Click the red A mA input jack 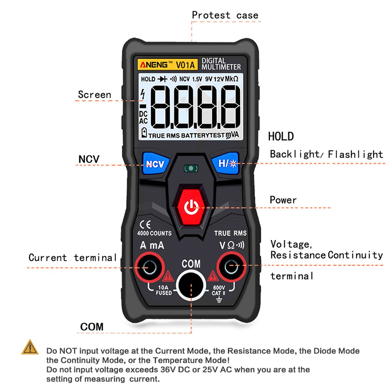pyautogui.click(x=149, y=267)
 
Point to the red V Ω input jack pyautogui.click(x=232, y=267)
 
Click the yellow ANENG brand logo pyautogui.click(x=155, y=64)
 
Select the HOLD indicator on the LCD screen pyautogui.click(x=148, y=79)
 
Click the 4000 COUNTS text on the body pyautogui.click(x=154, y=233)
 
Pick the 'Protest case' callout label pyautogui.click(x=225, y=16)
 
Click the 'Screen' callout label pyautogui.click(x=94, y=94)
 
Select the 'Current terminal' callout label pyautogui.click(x=73, y=258)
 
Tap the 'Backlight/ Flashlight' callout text pyautogui.click(x=326, y=154)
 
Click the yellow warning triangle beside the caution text pyautogui.click(x=30, y=347)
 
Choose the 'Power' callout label pyautogui.click(x=283, y=200)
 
